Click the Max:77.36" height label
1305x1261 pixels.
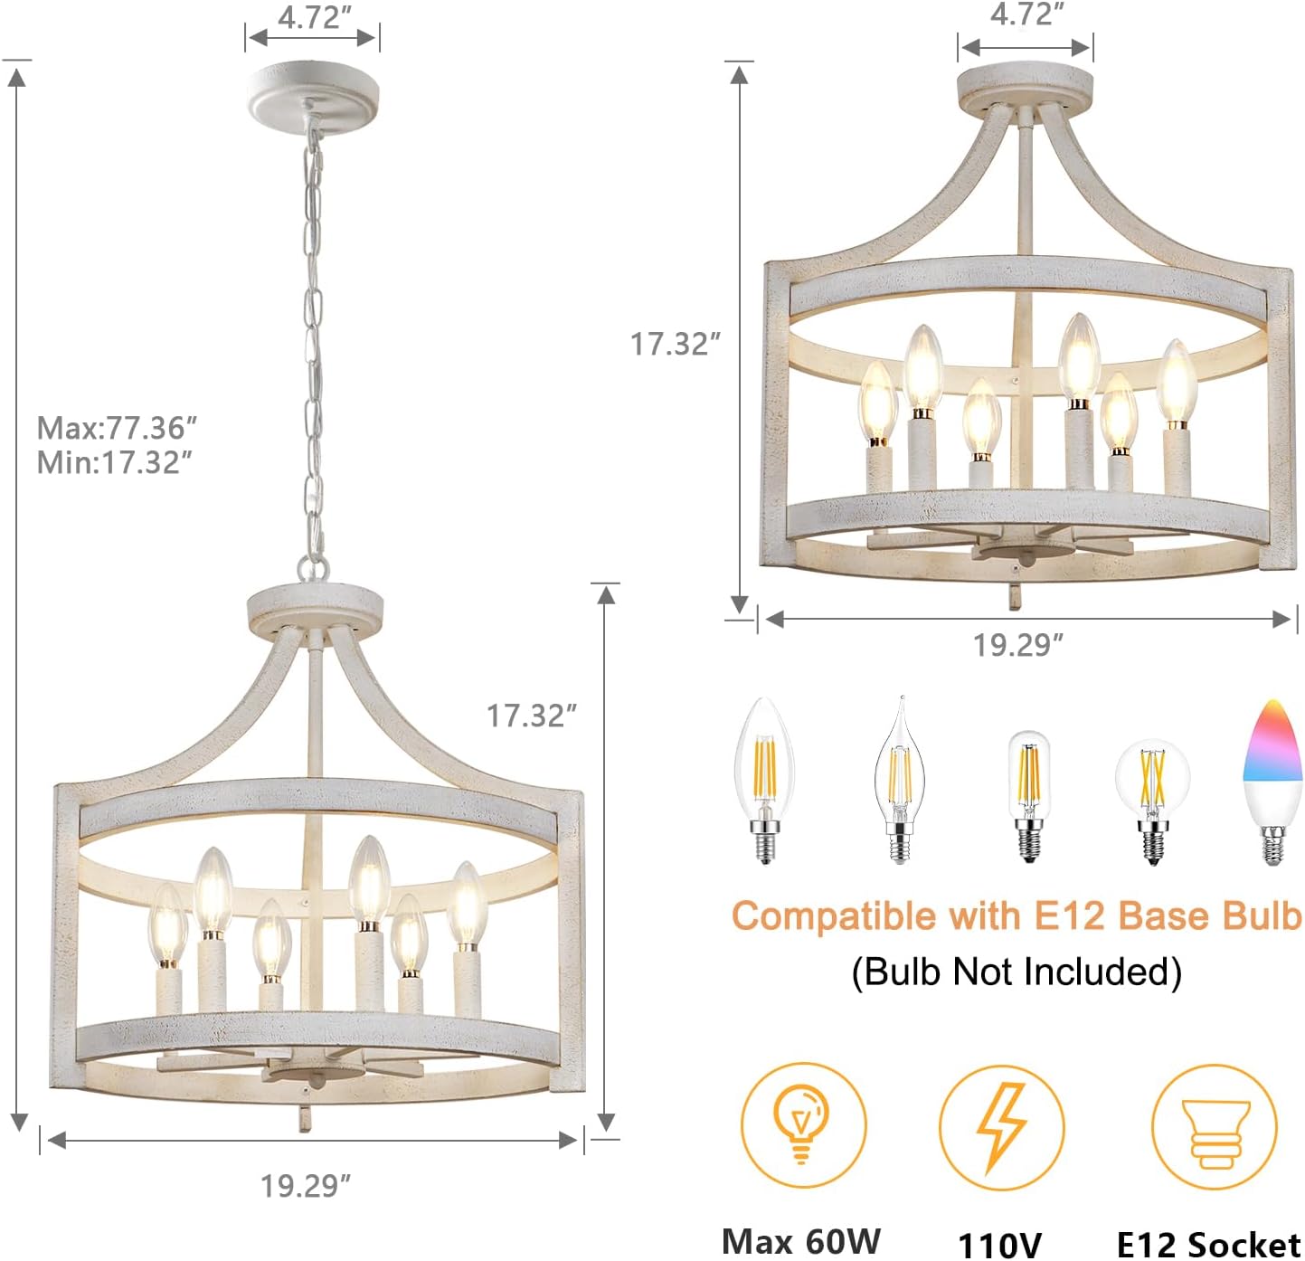point(117,427)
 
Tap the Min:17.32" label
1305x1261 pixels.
point(114,462)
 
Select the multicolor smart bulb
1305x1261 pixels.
point(1272,782)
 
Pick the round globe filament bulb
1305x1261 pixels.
point(1151,800)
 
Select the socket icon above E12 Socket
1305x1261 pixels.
point(1215,1127)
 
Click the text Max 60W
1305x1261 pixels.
point(800,1240)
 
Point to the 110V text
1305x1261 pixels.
point(999,1244)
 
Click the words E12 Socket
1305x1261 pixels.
point(1208,1243)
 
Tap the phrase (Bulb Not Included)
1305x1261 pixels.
point(1017,972)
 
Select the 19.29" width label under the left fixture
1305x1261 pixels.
point(305,1184)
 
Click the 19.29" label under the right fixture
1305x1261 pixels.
point(1017,645)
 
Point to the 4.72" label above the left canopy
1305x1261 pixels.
point(313,17)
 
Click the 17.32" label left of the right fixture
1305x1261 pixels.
point(675,344)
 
